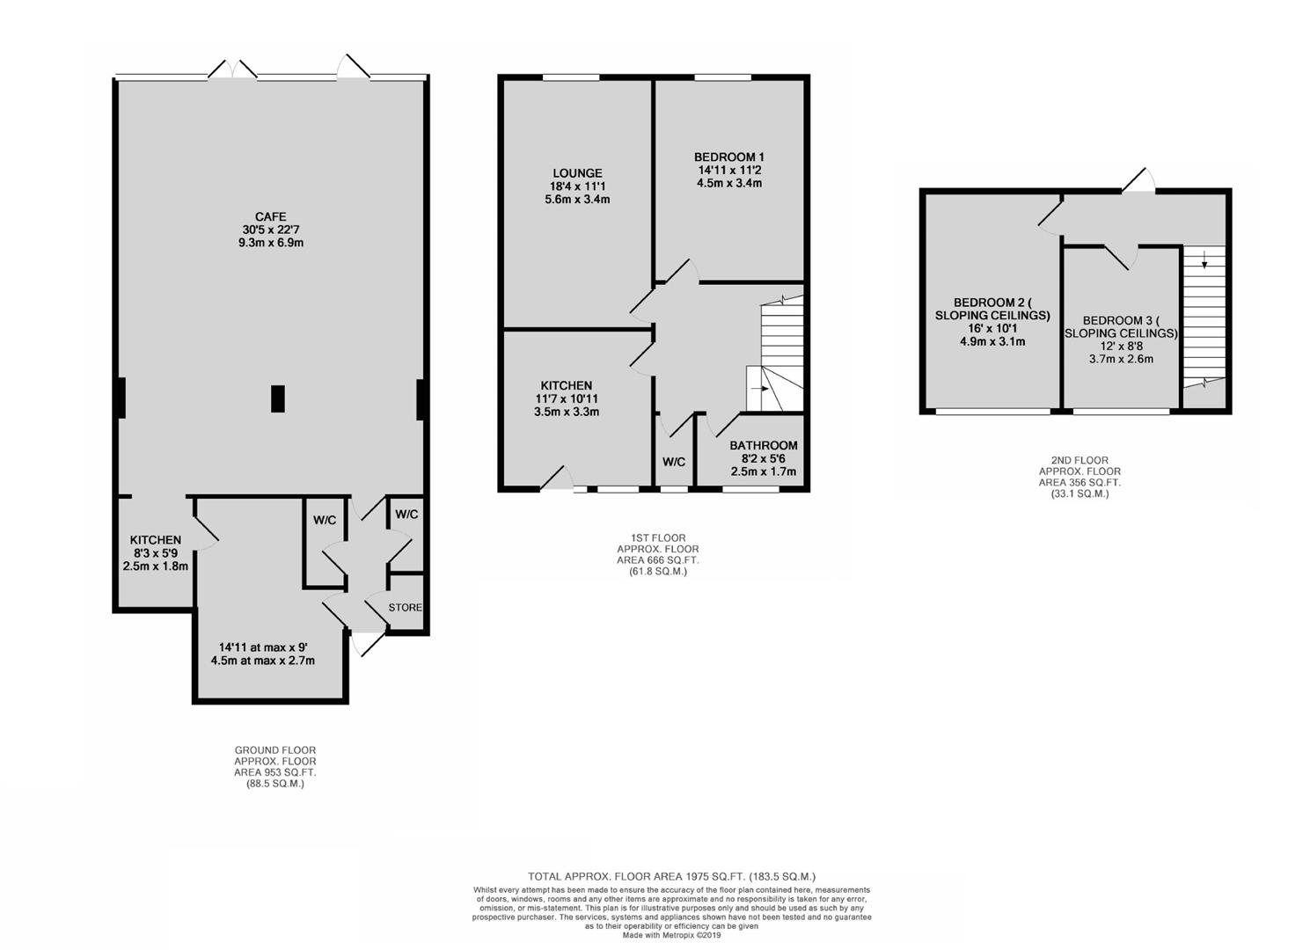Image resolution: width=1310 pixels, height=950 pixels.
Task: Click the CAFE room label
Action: [x=270, y=216]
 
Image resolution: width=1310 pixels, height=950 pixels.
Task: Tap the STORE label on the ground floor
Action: [x=406, y=608]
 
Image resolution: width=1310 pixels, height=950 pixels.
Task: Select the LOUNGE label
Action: [x=577, y=173]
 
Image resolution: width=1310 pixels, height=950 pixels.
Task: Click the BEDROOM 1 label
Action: [x=728, y=157]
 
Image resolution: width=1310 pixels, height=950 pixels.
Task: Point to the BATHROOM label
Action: [x=763, y=445]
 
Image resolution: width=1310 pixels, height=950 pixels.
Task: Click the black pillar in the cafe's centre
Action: [x=278, y=398]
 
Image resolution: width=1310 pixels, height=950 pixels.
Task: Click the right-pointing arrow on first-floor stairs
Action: [x=759, y=388]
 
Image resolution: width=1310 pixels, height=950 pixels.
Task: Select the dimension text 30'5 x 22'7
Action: [x=270, y=230]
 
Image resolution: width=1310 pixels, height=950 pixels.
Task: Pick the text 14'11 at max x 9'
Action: [x=263, y=647]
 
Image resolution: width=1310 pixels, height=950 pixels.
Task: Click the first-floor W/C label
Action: [x=674, y=462]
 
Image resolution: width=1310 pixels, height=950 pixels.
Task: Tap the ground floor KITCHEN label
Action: [x=155, y=539]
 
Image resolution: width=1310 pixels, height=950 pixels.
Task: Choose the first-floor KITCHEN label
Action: [x=566, y=385]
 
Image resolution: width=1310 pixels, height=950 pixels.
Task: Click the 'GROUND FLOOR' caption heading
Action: [x=274, y=750]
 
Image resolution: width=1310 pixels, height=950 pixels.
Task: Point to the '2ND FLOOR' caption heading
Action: [x=1079, y=460]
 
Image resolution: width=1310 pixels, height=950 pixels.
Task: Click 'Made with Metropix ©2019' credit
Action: [x=671, y=935]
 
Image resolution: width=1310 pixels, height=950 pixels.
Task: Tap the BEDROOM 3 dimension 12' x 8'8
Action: [x=1121, y=346]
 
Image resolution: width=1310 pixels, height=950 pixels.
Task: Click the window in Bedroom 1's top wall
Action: [x=723, y=77]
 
